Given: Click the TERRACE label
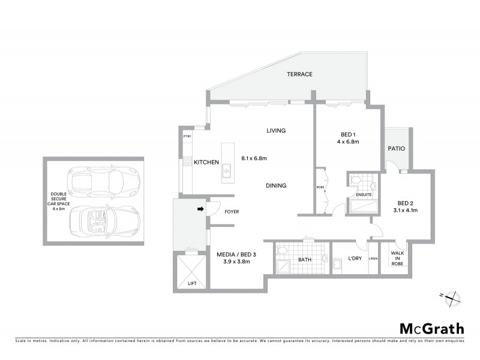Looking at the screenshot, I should coord(299,74).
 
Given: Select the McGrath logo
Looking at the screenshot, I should coord(431,328).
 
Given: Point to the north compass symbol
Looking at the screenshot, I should coord(452,296).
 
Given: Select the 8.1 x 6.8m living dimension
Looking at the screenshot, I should coord(253,158).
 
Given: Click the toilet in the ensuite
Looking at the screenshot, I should coord(355,179).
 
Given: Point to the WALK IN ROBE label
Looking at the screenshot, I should coord(397,259).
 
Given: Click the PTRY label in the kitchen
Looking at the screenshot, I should coord(187,137).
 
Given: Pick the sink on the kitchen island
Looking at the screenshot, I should coord(226,173).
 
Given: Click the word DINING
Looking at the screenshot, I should coord(276,185).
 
